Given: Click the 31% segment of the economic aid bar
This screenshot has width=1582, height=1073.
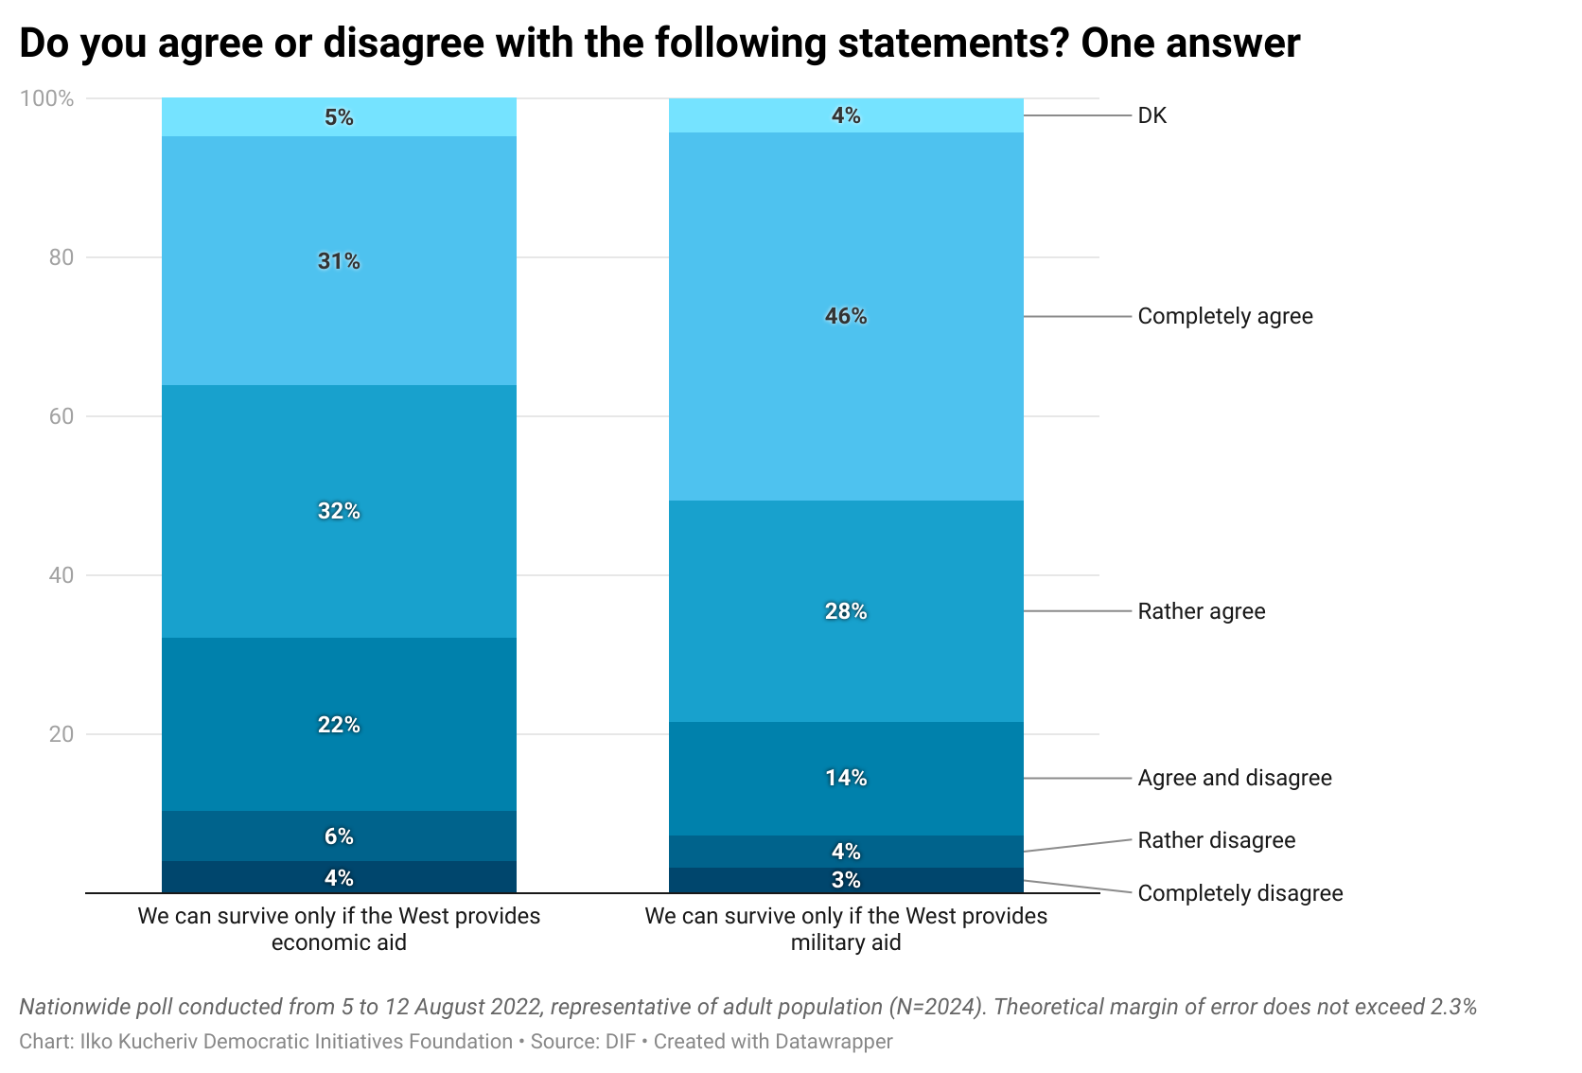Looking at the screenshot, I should (339, 261).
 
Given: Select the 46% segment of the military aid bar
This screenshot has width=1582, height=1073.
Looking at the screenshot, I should (846, 316).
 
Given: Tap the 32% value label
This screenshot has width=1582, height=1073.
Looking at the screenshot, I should (339, 511).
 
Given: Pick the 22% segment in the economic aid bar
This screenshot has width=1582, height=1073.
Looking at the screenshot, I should (339, 725).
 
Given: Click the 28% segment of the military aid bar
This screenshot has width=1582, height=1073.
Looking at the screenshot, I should (846, 611).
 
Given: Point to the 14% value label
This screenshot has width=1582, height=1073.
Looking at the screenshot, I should (846, 778).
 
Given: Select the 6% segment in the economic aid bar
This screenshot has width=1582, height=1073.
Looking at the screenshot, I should (339, 836).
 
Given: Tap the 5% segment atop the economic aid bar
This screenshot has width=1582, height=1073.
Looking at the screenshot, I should (339, 117).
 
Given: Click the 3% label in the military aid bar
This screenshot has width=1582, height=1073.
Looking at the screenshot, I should (846, 880).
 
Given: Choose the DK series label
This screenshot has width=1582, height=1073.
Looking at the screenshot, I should (1151, 115).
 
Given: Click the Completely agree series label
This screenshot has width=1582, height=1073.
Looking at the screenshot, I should (1224, 316).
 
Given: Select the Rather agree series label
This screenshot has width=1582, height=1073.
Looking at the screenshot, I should (1201, 611).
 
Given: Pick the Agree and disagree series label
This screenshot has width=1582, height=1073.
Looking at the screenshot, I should (1234, 778).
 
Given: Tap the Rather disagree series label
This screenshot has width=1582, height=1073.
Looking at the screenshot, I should (1216, 840).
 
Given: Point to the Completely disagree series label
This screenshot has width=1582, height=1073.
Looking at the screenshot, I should (1239, 893).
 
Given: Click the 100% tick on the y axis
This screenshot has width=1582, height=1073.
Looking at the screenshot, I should (46, 98).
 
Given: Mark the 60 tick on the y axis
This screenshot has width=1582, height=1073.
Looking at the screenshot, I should (61, 416).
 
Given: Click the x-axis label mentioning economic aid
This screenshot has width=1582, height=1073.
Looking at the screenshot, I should (339, 929).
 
